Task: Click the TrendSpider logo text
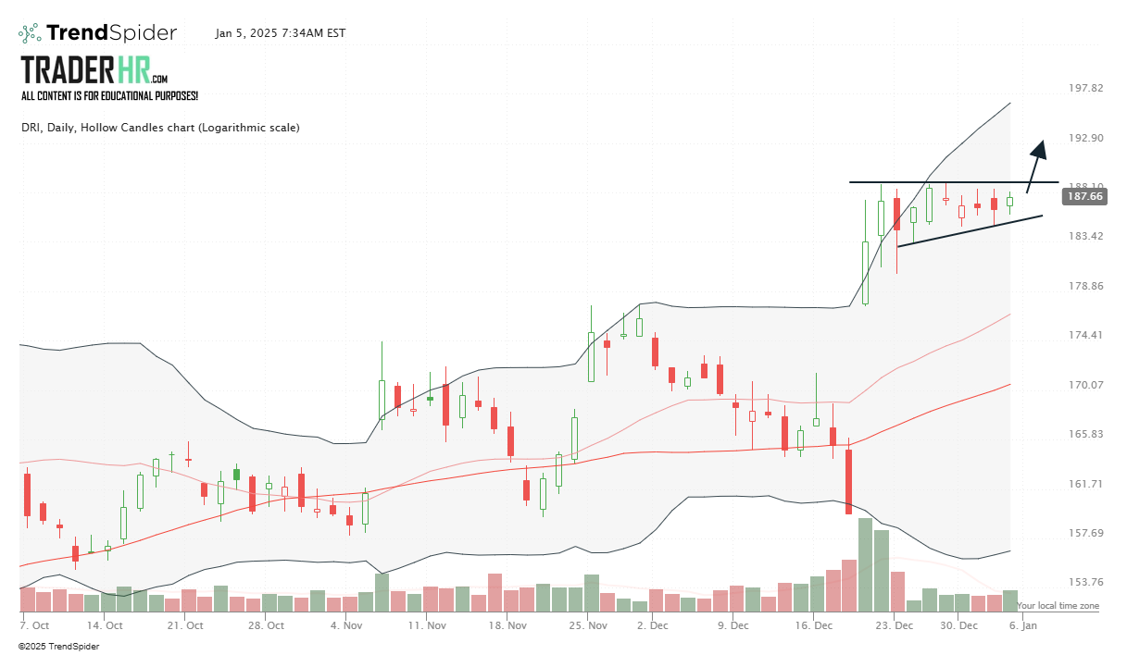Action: (111, 33)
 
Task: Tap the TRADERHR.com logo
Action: (94, 70)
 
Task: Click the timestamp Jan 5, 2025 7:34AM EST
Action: (280, 33)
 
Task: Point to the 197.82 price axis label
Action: (1085, 88)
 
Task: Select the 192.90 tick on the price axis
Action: (1085, 138)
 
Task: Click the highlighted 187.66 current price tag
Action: (1084, 196)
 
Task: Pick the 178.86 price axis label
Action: (1085, 286)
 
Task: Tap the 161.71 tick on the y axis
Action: (1085, 484)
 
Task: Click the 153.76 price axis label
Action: (1085, 582)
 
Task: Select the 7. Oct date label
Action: (36, 625)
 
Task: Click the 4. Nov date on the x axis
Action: (346, 625)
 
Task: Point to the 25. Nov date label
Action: (589, 625)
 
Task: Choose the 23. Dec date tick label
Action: (896, 625)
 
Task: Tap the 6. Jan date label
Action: (1023, 625)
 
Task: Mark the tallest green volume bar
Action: (865, 564)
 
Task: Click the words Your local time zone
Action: (1058, 606)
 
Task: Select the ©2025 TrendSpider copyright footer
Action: (58, 646)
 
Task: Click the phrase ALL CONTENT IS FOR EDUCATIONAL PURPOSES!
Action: (109, 95)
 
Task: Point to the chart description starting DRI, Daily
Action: (160, 128)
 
